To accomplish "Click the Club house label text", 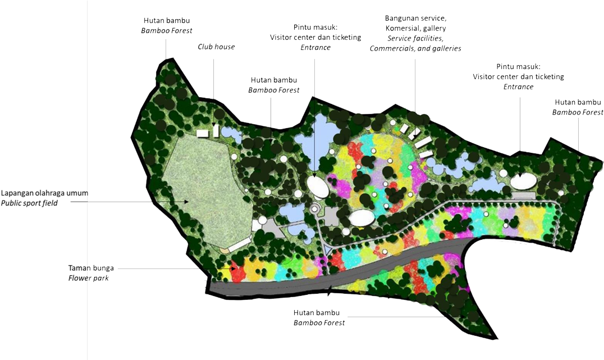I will [216, 47].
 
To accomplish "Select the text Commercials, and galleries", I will [415, 48].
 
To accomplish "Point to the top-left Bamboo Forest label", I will [166, 30].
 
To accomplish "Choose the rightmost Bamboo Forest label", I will [578, 112].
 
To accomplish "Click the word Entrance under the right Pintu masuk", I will [518, 86].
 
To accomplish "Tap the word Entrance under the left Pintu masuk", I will [315, 48].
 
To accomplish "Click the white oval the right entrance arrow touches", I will [523, 181].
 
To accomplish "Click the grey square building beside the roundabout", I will [331, 215].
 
